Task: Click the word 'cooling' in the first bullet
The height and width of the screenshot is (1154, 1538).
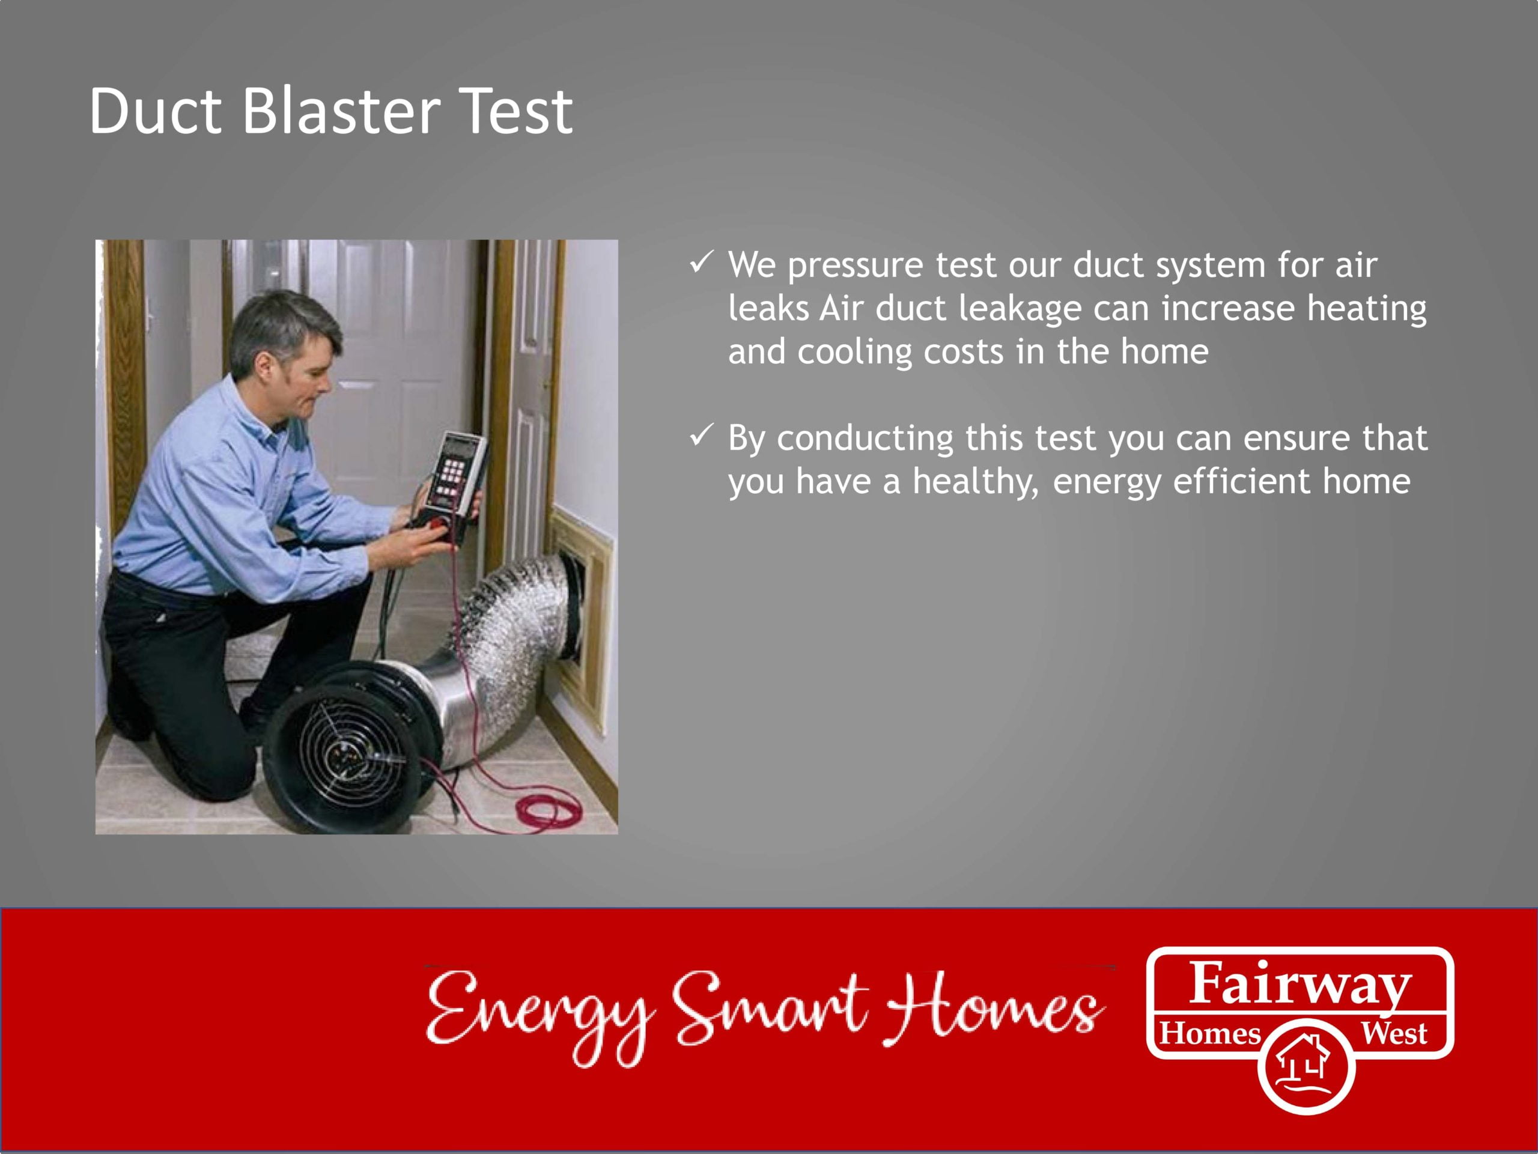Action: (854, 352)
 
